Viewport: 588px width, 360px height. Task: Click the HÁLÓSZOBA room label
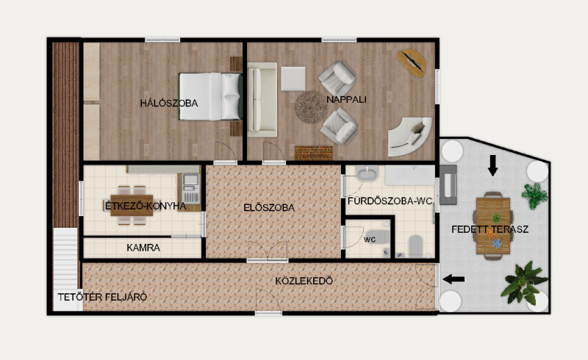169,103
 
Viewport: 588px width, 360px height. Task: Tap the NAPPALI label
346,99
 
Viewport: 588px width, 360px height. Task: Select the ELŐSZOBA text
269,207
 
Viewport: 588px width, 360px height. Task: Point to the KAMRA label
143,248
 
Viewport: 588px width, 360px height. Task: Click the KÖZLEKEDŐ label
304,281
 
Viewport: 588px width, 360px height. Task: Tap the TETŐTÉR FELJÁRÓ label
102,297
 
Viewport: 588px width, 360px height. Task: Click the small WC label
370,240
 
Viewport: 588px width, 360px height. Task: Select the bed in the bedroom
209,96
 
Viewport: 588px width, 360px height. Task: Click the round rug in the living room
311,107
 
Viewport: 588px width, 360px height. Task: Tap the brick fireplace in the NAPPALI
314,153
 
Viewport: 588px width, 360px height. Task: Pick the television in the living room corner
412,62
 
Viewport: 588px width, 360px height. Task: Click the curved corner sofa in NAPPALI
409,136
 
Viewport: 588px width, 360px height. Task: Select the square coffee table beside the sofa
293,79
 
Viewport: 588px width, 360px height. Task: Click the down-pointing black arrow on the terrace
492,165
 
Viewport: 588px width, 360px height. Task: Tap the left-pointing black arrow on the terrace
453,279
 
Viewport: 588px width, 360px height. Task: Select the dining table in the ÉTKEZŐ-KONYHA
132,206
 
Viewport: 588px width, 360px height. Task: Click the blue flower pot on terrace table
497,244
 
